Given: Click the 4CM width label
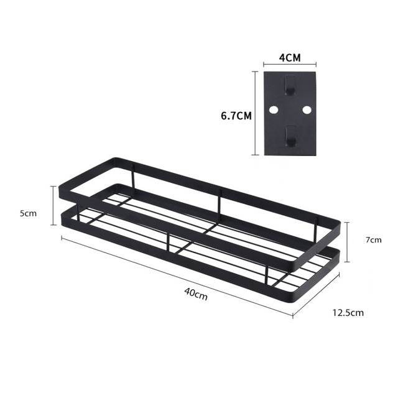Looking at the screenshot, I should tap(289, 57).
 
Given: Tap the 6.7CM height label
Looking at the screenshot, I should tap(236, 115).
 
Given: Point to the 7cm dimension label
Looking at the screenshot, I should tap(373, 239).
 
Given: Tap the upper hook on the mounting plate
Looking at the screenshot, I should tap(289, 86).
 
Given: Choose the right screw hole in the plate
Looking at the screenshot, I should tap(306, 109).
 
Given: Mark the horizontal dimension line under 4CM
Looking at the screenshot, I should tap(289, 64).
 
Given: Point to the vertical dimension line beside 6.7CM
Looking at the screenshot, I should tap(255, 113).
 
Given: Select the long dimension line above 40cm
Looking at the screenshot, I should tap(177, 276).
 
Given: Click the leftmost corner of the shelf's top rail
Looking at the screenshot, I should tap(61, 185).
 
